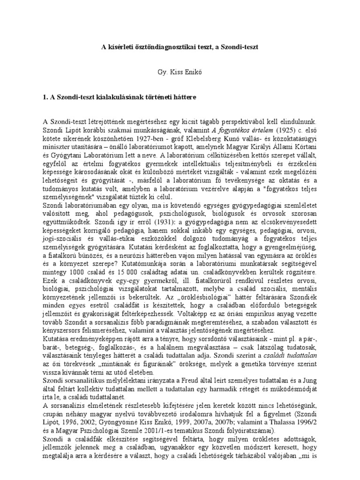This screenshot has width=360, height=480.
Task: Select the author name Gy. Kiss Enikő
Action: (x=180, y=73)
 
